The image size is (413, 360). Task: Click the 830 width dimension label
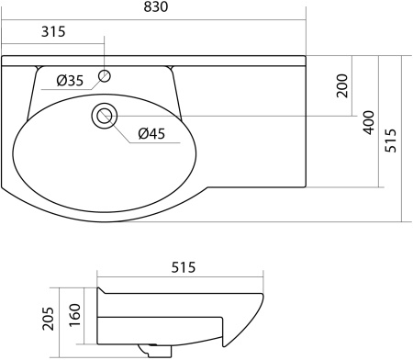point(156,6)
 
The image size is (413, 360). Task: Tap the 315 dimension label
point(53,31)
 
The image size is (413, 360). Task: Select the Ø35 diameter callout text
point(70,81)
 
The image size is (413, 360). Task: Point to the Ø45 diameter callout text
point(151,134)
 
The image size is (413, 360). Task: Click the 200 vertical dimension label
point(342,85)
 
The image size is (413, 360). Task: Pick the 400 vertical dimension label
point(369,122)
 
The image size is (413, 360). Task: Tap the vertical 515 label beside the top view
point(391,141)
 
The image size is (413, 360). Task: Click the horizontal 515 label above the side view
point(184,267)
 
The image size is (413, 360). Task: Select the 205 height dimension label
point(48,319)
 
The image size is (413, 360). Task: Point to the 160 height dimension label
point(75,315)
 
